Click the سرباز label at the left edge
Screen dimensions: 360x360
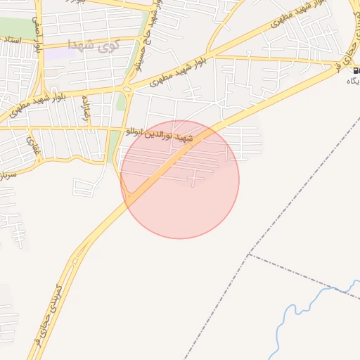click(8, 170)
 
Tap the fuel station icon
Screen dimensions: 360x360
click(356, 70)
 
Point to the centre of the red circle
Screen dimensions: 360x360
click(180, 179)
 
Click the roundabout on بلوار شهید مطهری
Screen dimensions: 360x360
click(127, 89)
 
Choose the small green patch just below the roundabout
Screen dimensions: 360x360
click(121, 103)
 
